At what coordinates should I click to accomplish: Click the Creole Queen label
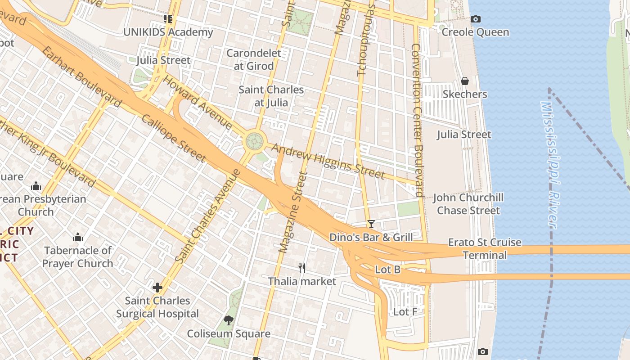tap(475, 32)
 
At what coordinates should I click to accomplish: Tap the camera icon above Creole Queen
tap(475, 19)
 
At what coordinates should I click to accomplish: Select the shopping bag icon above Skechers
tap(465, 81)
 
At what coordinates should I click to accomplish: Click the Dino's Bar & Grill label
tap(371, 237)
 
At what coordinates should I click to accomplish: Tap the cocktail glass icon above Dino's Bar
tap(371, 224)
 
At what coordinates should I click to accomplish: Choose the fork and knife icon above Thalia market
tap(302, 268)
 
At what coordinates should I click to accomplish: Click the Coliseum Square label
tap(229, 333)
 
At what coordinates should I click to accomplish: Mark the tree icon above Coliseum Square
tap(229, 320)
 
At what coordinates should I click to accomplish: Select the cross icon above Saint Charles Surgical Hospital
tap(157, 287)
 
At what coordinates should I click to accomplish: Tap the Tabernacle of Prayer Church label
tap(78, 257)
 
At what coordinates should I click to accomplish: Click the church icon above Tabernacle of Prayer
tap(78, 237)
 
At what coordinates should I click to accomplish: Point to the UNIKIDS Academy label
tap(168, 32)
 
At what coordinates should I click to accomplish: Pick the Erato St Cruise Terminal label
tap(485, 249)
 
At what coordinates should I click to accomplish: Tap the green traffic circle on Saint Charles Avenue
tap(254, 141)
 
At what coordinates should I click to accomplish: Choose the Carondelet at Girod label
tap(254, 59)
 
